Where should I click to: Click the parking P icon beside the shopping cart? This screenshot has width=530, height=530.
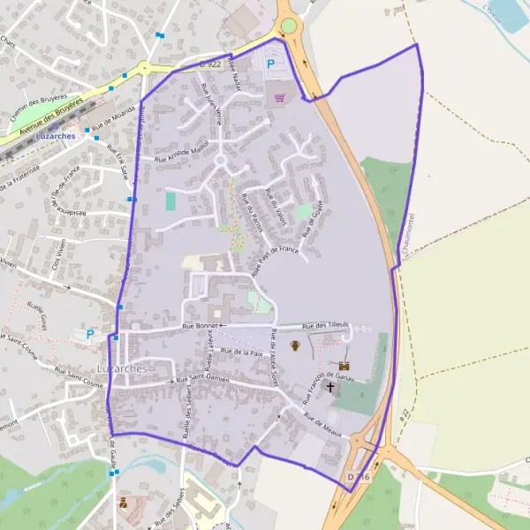click(270, 64)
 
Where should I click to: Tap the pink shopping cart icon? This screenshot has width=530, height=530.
click(280, 97)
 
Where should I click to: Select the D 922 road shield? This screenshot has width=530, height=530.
click(208, 64)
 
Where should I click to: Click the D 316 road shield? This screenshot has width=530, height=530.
click(357, 477)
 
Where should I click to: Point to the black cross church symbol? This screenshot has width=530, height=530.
click(331, 386)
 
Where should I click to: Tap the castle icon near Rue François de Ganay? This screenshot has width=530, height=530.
click(344, 365)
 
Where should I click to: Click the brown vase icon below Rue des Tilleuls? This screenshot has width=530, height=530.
click(296, 345)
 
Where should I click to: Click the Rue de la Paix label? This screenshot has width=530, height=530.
click(243, 352)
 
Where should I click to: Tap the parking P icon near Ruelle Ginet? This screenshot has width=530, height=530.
click(89, 334)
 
